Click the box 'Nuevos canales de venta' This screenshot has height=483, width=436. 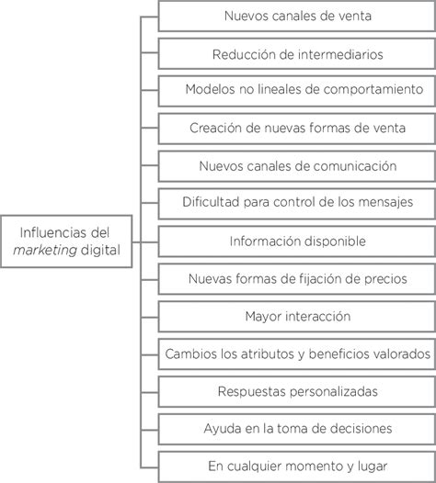(297, 16)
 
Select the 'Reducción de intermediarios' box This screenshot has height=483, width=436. (297, 53)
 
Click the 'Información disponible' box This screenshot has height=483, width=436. (297, 241)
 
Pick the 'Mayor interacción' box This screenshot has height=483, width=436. (297, 317)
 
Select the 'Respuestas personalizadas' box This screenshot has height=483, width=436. (297, 392)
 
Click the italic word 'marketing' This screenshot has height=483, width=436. (45, 251)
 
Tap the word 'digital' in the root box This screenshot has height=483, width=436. (100, 250)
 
